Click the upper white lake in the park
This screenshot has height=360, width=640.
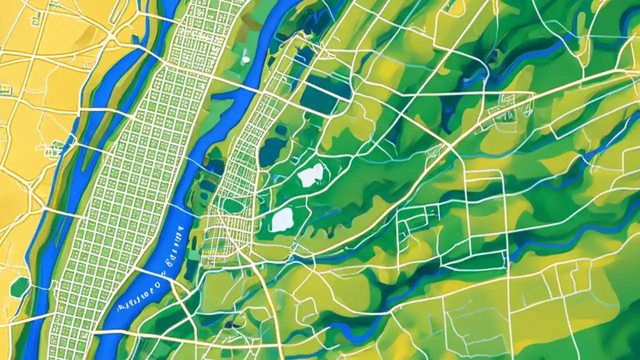[310, 175]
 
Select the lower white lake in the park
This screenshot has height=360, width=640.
[282, 219]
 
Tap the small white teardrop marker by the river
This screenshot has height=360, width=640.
[246, 58]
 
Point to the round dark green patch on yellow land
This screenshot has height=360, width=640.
[19, 287]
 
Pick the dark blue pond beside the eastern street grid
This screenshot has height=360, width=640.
[272, 151]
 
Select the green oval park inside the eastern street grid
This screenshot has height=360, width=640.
[232, 205]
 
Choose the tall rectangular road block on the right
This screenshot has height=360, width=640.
[485, 210]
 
